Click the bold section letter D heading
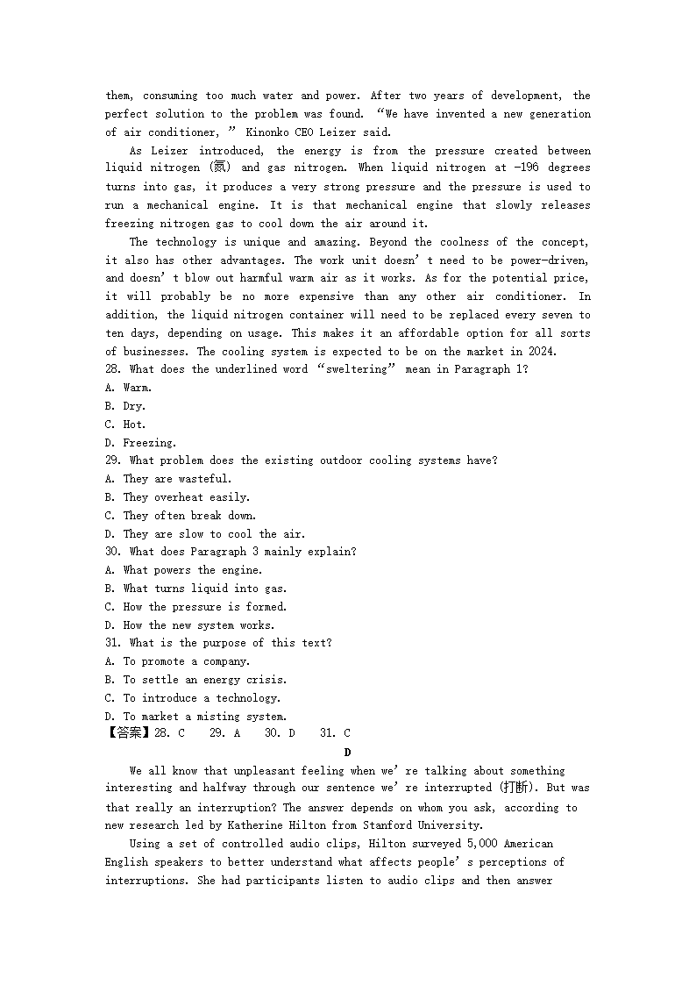(x=347, y=753)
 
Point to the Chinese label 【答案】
(x=128, y=733)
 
